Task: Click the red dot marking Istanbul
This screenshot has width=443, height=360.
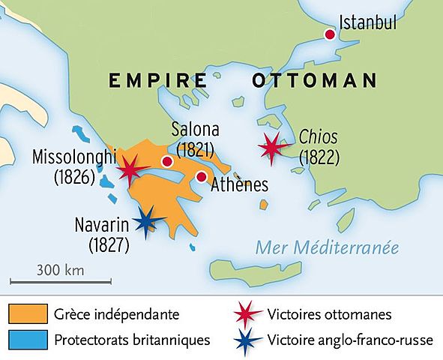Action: (x=328, y=34)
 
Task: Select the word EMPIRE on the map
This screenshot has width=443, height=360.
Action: (x=157, y=80)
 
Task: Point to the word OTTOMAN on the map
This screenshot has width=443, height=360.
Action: (x=314, y=80)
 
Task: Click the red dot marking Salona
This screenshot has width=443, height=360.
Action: (x=167, y=161)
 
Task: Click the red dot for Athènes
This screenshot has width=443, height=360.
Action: (x=201, y=177)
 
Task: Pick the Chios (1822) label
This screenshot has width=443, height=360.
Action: (x=319, y=147)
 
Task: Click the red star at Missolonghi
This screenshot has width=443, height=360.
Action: (x=130, y=170)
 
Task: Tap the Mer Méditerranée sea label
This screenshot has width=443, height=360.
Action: (x=327, y=247)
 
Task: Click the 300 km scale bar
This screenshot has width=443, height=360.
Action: (x=61, y=282)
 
